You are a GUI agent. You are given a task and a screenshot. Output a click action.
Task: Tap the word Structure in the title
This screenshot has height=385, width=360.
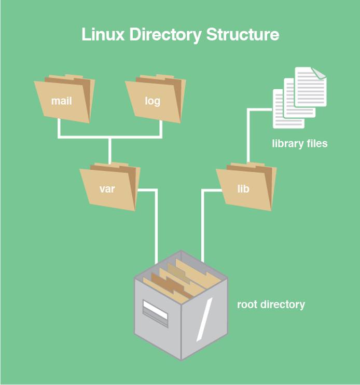(x=243, y=35)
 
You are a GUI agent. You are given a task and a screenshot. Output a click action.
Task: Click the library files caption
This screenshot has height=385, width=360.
(x=299, y=144)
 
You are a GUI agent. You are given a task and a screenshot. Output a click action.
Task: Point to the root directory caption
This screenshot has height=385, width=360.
(x=271, y=305)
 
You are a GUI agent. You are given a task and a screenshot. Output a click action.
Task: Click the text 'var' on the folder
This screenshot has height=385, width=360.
(x=107, y=189)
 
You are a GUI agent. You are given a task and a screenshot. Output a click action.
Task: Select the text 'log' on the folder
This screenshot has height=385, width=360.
(x=153, y=101)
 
